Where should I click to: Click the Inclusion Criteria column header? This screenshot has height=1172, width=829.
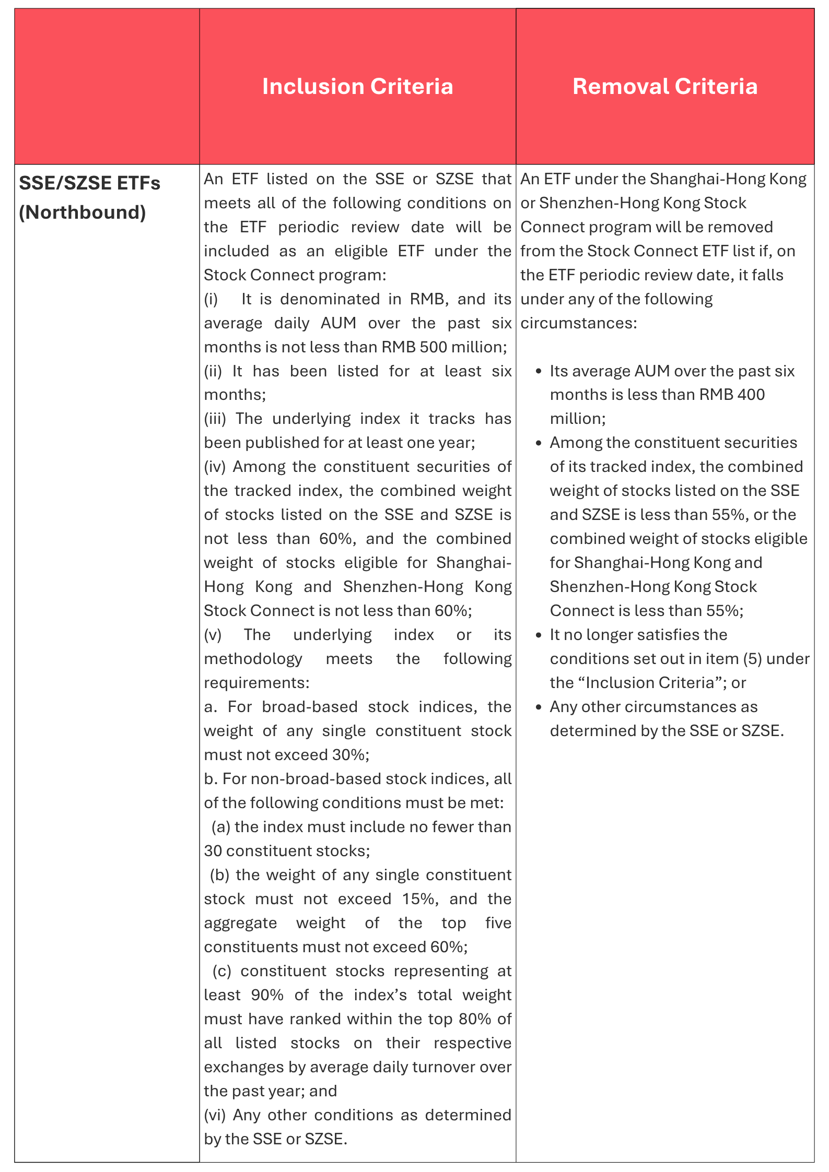click(357, 87)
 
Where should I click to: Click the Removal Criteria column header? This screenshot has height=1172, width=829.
click(664, 87)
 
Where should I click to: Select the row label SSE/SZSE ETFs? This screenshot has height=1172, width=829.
click(89, 183)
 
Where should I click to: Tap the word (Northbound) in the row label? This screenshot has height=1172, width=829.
click(83, 212)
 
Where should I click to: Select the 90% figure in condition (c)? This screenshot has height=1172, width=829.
click(267, 995)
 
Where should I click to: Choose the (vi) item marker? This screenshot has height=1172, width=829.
click(215, 1115)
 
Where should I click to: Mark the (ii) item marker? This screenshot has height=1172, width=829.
click(213, 371)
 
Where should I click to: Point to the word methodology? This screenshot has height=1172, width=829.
click(253, 659)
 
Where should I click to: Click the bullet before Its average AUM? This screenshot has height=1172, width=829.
click(539, 372)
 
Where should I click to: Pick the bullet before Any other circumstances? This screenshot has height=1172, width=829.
click(539, 707)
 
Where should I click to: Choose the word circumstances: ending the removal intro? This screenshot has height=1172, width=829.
click(579, 323)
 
